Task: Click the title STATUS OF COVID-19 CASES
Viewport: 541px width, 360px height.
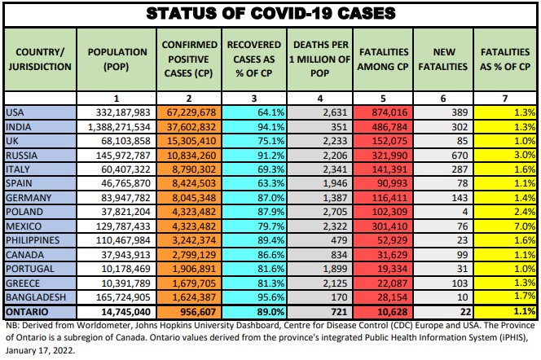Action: pyautogui.click(x=270, y=13)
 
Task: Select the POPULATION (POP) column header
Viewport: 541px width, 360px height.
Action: pyautogui.click(x=117, y=58)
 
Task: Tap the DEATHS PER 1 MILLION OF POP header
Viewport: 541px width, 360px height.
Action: pyautogui.click(x=319, y=58)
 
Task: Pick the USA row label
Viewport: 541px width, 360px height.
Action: pyautogui.click(x=15, y=112)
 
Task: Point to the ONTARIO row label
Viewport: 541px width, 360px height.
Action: pyautogui.click(x=26, y=310)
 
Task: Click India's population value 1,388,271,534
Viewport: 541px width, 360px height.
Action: pyautogui.click(x=117, y=125)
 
